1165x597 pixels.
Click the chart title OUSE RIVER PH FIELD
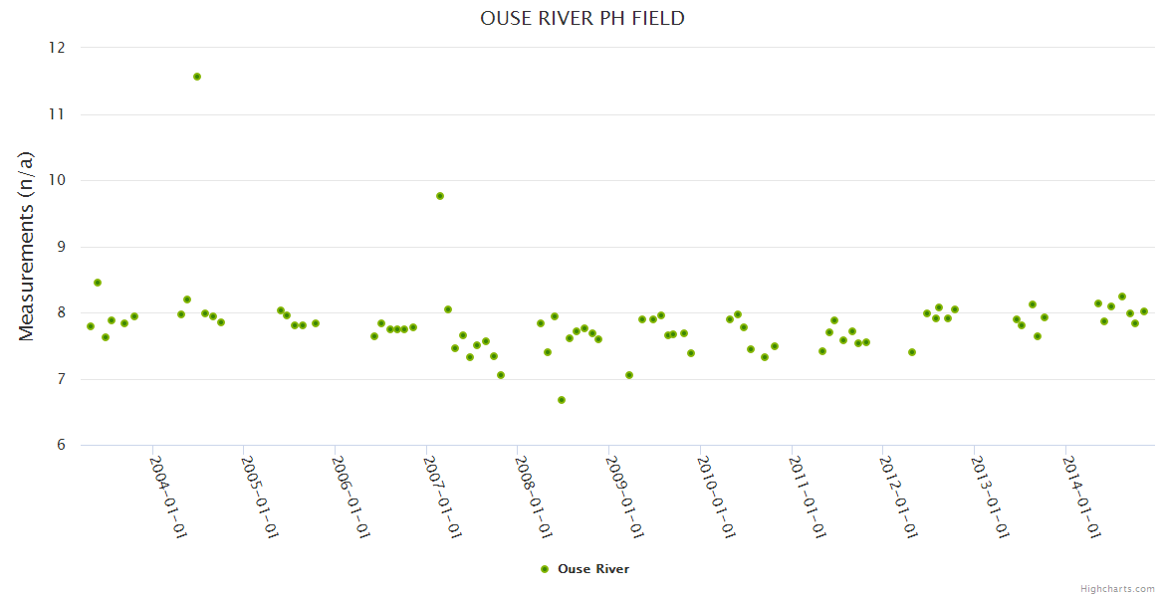coord(582,19)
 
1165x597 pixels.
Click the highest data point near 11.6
coord(197,77)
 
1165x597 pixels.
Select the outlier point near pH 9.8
coord(440,196)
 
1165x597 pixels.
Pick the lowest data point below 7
coord(562,400)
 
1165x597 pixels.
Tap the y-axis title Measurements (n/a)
coord(27,246)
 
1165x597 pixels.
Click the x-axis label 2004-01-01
coord(168,497)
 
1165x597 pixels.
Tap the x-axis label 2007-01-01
coord(442,497)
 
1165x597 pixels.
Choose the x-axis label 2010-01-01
coord(716,497)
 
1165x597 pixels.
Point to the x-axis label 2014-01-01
coord(1081,497)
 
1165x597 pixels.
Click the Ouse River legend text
coord(593,569)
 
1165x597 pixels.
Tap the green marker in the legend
coord(544,569)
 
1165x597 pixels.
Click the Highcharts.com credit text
coord(1117,589)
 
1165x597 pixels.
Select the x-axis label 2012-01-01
coord(898,497)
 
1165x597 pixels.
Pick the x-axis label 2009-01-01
coord(624,497)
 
